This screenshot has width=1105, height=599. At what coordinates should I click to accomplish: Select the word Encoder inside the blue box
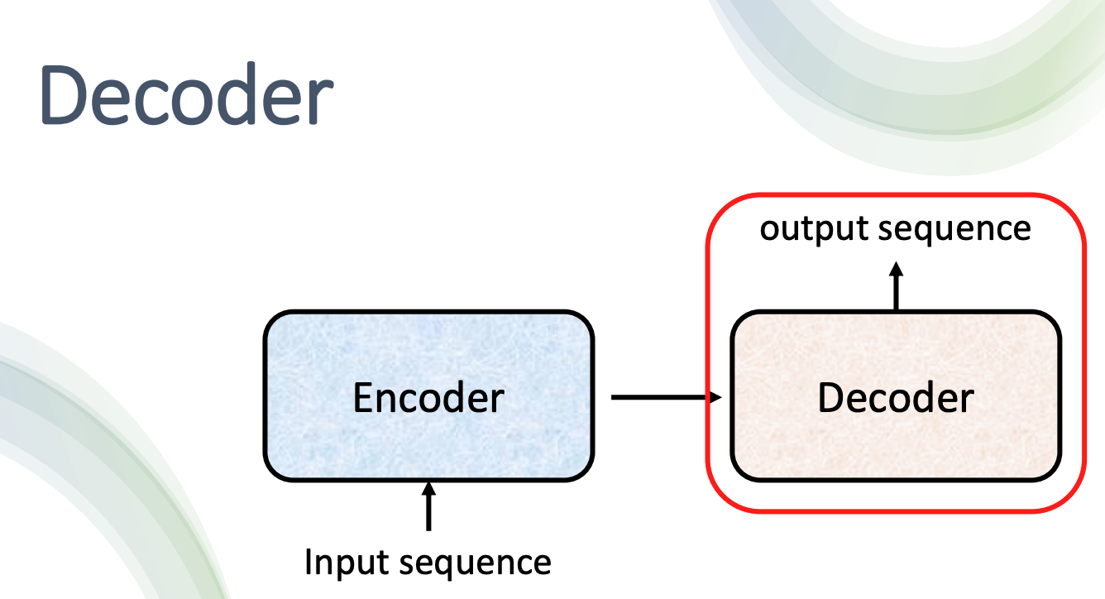click(428, 398)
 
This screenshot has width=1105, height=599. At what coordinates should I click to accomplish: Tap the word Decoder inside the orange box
click(896, 398)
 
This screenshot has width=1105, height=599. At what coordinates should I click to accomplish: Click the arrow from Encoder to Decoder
click(662, 398)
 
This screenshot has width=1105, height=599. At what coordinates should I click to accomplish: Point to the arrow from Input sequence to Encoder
click(428, 506)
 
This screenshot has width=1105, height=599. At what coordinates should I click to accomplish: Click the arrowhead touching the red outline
click(715, 398)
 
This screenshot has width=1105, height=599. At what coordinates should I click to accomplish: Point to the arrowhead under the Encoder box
click(428, 488)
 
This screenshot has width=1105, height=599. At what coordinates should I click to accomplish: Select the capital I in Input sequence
click(309, 562)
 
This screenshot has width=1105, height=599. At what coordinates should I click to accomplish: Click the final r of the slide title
click(319, 103)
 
